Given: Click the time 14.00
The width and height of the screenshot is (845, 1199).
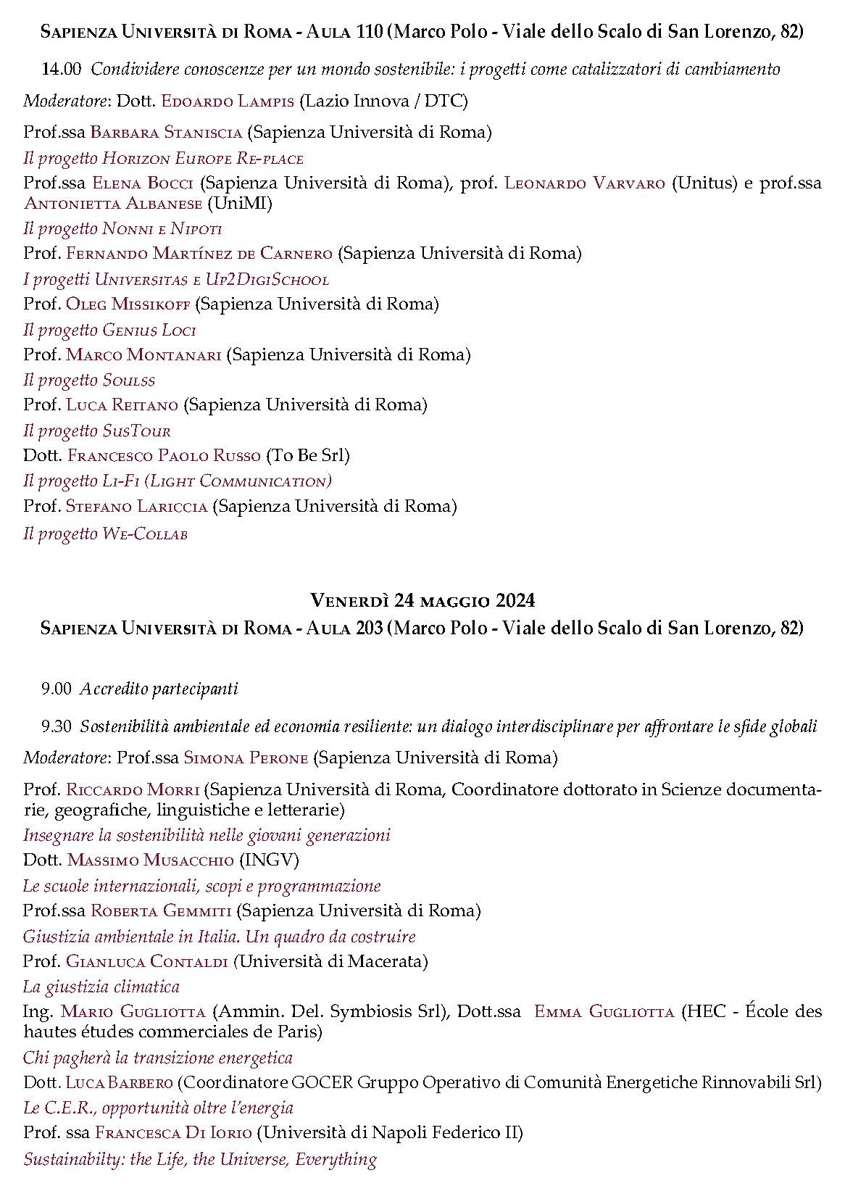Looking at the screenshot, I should [x=62, y=70].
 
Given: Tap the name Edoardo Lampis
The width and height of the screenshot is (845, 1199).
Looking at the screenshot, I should [x=228, y=101].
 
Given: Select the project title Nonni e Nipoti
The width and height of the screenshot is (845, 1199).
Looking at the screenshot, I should [x=162, y=229].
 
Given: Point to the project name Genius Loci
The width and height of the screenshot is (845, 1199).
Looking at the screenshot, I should [x=149, y=331].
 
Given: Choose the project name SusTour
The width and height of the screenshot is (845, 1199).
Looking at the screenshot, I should [x=136, y=431].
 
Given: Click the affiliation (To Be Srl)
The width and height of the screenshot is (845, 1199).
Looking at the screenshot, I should [x=308, y=456].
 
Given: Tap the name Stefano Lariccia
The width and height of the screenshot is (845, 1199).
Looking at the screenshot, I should [x=136, y=506].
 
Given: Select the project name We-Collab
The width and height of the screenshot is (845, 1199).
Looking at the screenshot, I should [x=145, y=534].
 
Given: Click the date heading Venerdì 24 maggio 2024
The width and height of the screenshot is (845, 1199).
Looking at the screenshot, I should [x=422, y=600].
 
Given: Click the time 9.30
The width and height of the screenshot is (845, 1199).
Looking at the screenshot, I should [x=57, y=726].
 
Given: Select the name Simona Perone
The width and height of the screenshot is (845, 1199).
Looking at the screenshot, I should [x=246, y=758].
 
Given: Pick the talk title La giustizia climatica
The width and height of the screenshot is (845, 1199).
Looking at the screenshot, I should [x=101, y=987].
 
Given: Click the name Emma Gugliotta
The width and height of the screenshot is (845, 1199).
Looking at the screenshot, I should [x=604, y=1012].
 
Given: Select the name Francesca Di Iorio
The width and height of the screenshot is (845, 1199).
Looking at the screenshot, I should [x=173, y=1133].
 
